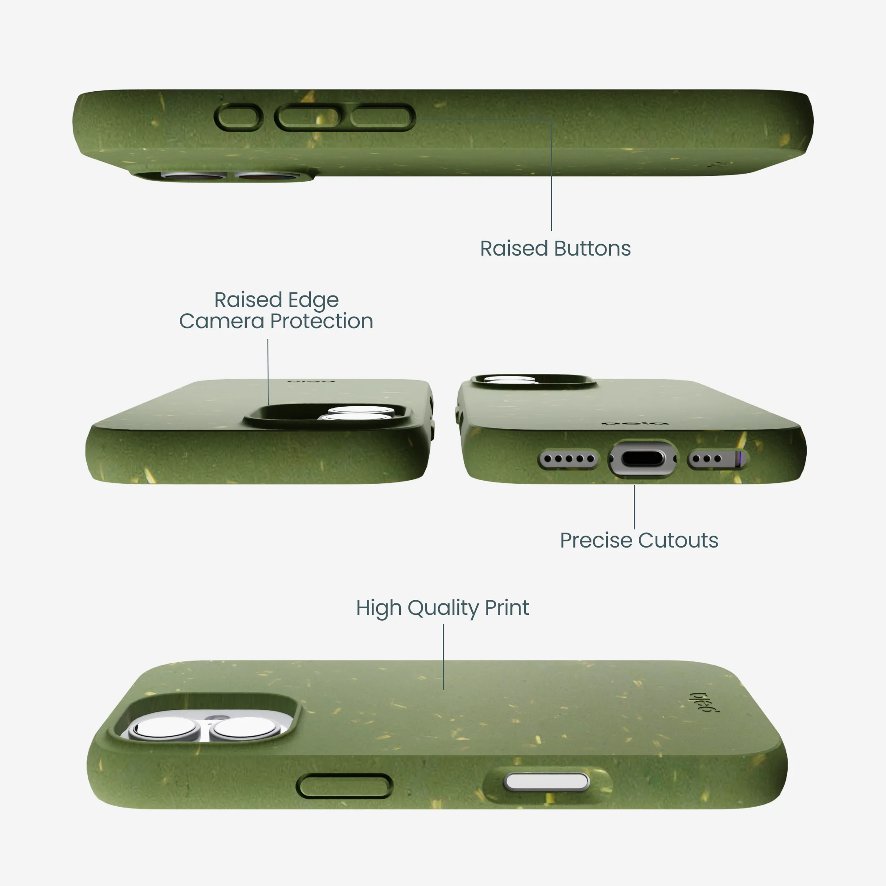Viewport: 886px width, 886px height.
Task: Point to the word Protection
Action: pos(322,321)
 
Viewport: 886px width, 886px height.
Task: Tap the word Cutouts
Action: pos(678,540)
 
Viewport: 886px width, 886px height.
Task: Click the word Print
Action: pos(507,608)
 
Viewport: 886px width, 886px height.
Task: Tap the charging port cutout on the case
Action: pos(642,459)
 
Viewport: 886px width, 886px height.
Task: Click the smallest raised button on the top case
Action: pos(238,117)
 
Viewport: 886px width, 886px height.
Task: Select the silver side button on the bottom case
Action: pos(546,781)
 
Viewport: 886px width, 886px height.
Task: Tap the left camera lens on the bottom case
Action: pos(164,728)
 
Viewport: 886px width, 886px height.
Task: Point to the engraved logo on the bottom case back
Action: pos(705,702)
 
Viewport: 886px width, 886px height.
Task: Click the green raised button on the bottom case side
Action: pos(344,786)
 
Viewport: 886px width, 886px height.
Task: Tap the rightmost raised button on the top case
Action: pos(382,117)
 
